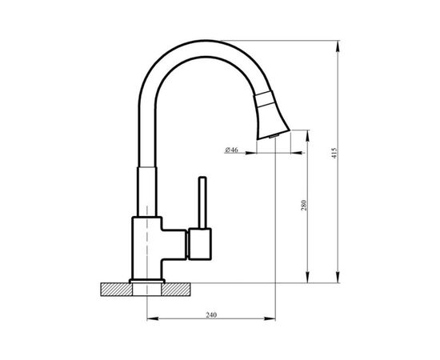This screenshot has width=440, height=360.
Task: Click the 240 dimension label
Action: tap(211, 315)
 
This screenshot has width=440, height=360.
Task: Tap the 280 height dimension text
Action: tap(304, 206)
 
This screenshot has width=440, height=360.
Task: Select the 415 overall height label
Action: tap(334, 153)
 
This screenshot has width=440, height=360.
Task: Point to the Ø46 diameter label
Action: tap(231, 150)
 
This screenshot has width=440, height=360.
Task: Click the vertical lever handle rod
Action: tap(202, 202)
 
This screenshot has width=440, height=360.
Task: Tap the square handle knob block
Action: tap(200, 244)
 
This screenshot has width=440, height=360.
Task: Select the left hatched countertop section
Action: tap(116, 290)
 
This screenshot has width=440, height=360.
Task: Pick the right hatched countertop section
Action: tap(176, 290)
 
